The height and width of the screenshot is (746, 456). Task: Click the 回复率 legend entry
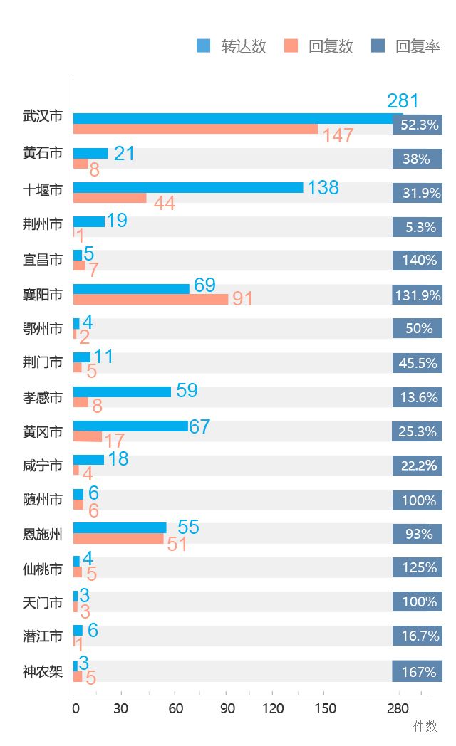pos(407,47)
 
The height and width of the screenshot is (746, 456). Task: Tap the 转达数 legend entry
pos(232,47)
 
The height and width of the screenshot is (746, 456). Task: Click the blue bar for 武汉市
pos(235,118)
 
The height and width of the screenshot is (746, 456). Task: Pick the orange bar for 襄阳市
pos(150,299)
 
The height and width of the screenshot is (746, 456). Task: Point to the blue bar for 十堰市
pos(187,188)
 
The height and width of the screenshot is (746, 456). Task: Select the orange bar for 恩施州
pos(119,539)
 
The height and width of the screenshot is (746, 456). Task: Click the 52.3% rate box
pos(418,125)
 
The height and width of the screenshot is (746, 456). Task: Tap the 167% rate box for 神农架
pos(418,672)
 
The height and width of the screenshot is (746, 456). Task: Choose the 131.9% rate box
pos(418,295)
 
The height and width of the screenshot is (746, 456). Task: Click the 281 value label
pos(403,101)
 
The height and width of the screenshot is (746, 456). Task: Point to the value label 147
pos(338,136)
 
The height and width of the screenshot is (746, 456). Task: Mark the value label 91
pos(243,299)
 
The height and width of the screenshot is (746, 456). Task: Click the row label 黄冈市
pos(43,431)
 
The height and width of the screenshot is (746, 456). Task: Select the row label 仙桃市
pos(43,568)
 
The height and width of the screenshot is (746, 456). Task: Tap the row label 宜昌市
pos(43,260)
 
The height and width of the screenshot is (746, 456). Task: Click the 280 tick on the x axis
pos(398,708)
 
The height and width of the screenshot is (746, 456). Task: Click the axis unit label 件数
pos(425,726)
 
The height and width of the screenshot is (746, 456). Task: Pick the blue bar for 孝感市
pos(122,392)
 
